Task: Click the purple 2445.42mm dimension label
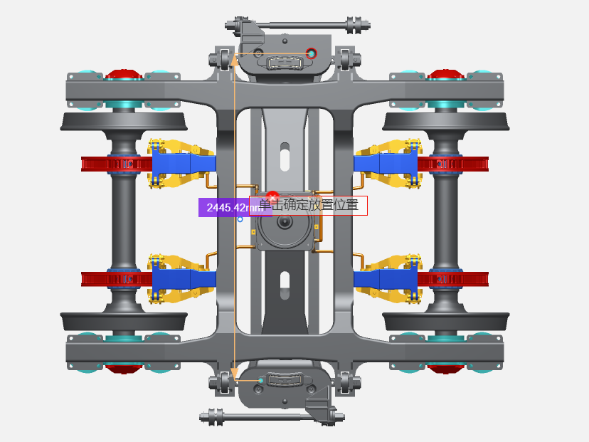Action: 235,207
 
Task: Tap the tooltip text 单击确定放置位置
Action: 309,205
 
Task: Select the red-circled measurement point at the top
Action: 311,53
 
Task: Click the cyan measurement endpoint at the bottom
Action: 261,380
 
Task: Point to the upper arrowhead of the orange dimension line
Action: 234,60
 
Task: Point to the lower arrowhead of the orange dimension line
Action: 234,373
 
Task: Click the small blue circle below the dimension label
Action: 240,219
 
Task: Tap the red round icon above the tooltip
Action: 272,196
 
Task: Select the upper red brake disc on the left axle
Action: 117,164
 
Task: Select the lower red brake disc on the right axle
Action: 453,279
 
